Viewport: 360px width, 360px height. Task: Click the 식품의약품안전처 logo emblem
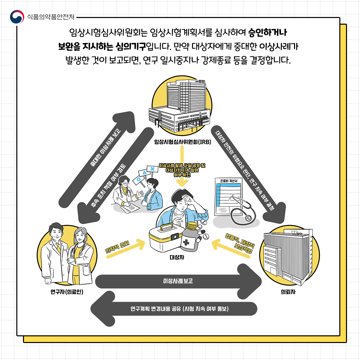pyautogui.click(x=17, y=17)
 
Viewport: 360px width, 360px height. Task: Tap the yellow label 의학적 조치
pyautogui.click(x=117, y=246)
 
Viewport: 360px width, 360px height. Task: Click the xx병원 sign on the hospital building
pyautogui.click(x=200, y=81)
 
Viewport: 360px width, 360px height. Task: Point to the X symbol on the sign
pyautogui.click(x=152, y=169)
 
